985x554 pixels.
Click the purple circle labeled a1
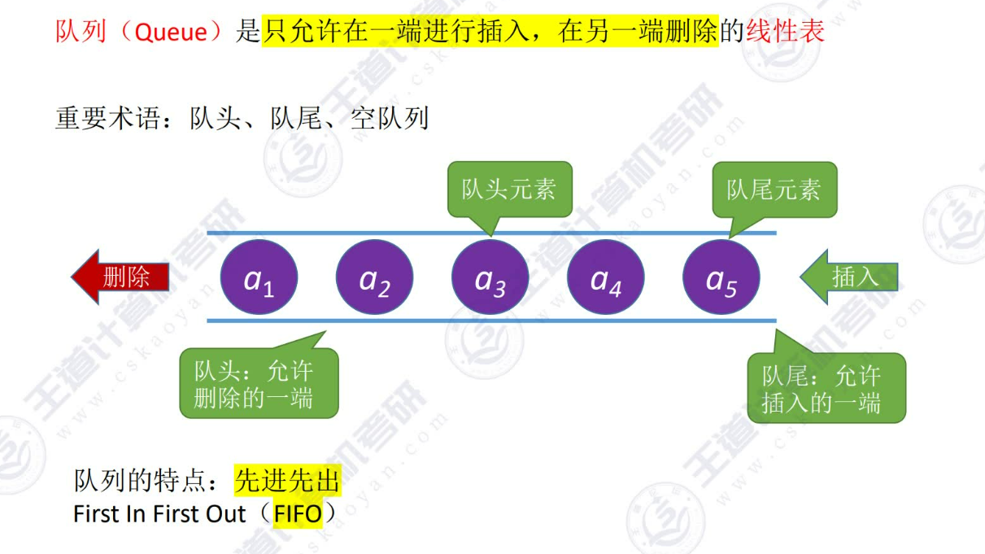point(259,278)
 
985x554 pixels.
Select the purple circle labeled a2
point(374,278)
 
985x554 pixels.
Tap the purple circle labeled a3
point(490,278)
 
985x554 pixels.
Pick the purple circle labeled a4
point(605,278)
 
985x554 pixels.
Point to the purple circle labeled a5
point(721,278)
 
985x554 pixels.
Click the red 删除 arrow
point(121,277)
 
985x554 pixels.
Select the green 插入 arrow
point(849,277)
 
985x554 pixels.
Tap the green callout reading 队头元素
point(509,190)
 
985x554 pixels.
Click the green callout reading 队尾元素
point(774,190)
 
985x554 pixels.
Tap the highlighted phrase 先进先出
point(287,482)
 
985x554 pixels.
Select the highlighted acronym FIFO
point(298,514)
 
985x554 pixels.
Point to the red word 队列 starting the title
point(76,32)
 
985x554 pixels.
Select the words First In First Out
point(159,514)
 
